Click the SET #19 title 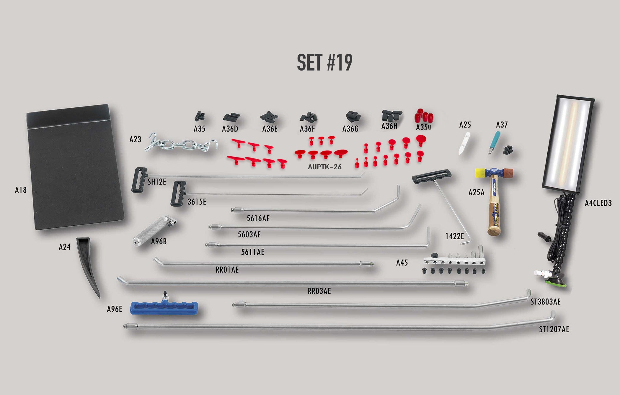click(x=324, y=63)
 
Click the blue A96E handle click(x=164, y=308)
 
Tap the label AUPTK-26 click(x=324, y=167)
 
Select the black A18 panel click(x=75, y=167)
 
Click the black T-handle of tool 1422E click(x=431, y=176)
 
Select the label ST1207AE click(x=554, y=329)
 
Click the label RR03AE click(x=319, y=291)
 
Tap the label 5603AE click(x=249, y=235)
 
